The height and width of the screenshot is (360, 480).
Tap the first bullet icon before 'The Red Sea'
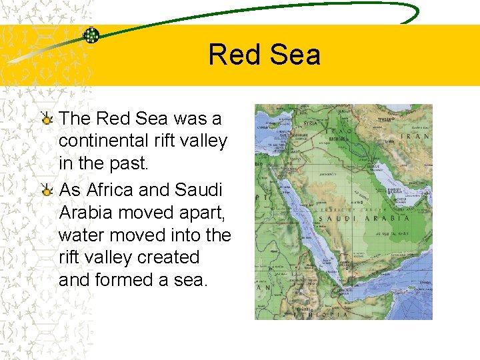click(x=46, y=120)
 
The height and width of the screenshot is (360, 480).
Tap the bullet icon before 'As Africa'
click(x=46, y=191)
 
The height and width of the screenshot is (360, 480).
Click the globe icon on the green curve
click(x=91, y=35)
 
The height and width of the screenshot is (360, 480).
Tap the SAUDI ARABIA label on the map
click(x=364, y=218)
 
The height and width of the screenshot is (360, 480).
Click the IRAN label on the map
click(x=415, y=136)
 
